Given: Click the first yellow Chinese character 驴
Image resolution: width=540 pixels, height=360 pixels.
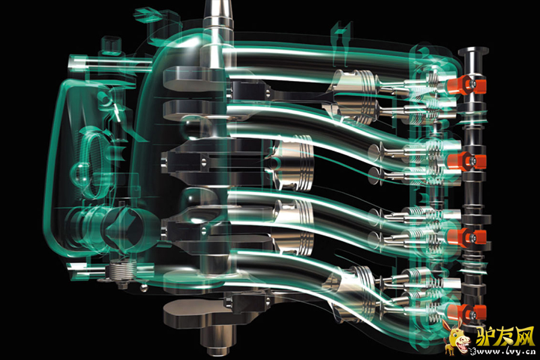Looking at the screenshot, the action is pos(485,336).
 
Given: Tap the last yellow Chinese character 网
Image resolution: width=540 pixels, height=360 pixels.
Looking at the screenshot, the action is pos(524,336).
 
